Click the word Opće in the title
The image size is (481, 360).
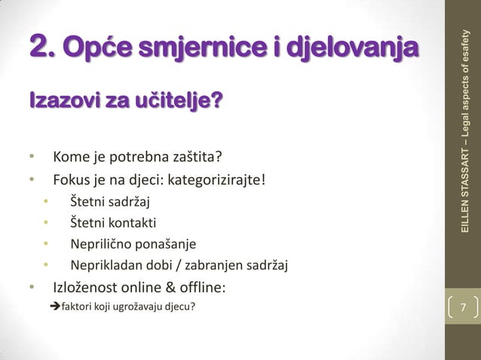(x=93, y=47)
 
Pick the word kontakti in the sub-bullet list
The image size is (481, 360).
(x=133, y=223)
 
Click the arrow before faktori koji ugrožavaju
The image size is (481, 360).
(x=54, y=307)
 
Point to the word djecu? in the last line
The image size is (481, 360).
(x=186, y=307)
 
